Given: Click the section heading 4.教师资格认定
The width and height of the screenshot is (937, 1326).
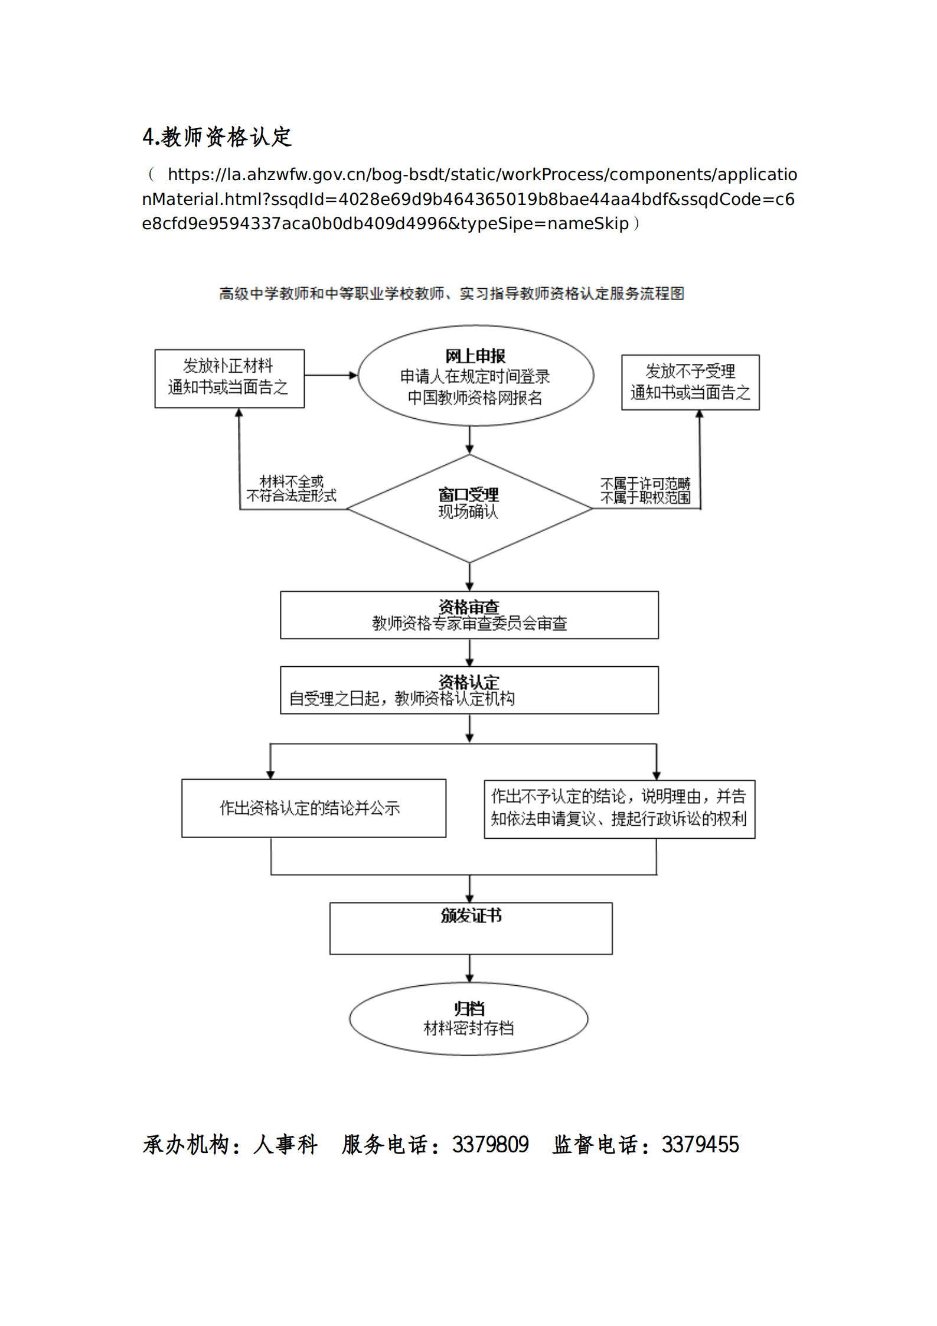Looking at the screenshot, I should point(217,136).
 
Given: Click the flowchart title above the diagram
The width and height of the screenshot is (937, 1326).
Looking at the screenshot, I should point(452,294).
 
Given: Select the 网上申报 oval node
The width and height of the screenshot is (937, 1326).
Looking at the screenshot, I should point(475,376).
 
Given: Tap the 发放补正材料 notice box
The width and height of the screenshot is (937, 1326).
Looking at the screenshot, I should point(229,378).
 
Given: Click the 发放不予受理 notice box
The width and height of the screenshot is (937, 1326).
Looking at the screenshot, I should point(690,382).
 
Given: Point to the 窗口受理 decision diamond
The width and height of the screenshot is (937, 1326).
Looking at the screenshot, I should point(469,508).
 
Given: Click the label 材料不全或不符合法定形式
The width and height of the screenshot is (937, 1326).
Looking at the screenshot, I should point(291,488).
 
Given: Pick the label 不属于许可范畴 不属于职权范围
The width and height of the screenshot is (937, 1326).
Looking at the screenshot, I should point(645,491).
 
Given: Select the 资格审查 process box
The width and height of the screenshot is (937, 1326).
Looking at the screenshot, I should point(469,615).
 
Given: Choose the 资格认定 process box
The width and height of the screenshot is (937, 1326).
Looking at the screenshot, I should point(469,690).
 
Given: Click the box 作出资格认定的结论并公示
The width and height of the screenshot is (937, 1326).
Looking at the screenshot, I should point(313,807).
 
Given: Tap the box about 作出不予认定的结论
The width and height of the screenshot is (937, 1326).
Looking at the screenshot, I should point(619,808).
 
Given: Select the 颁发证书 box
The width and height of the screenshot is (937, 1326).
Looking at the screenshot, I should point(471,928).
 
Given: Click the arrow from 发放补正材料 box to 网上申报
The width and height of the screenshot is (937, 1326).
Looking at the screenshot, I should point(331,375).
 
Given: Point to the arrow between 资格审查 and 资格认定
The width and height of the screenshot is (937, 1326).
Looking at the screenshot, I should point(469,653).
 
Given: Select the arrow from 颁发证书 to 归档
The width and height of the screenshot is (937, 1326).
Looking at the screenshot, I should point(469,969).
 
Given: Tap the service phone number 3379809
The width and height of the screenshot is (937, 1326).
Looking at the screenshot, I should point(490,1145).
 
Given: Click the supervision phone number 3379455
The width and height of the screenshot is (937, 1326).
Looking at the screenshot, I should point(700,1145).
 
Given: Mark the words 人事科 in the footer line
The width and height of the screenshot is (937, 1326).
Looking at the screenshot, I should point(285,1145).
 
